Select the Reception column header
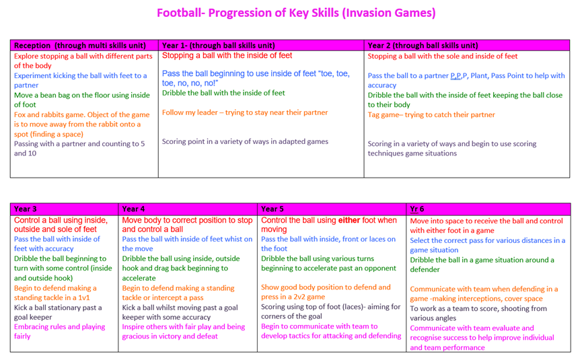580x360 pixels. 84,45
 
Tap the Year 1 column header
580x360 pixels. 261,45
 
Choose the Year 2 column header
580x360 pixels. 467,45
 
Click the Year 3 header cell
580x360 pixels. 65,209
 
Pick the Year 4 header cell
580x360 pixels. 188,209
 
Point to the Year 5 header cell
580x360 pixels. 332,209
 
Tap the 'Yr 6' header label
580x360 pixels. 417,209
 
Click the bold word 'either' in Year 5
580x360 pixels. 349,220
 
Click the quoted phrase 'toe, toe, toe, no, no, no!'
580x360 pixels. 256,79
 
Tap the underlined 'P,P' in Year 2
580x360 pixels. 456,76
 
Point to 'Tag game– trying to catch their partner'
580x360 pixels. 431,114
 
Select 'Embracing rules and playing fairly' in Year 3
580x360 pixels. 60,332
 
